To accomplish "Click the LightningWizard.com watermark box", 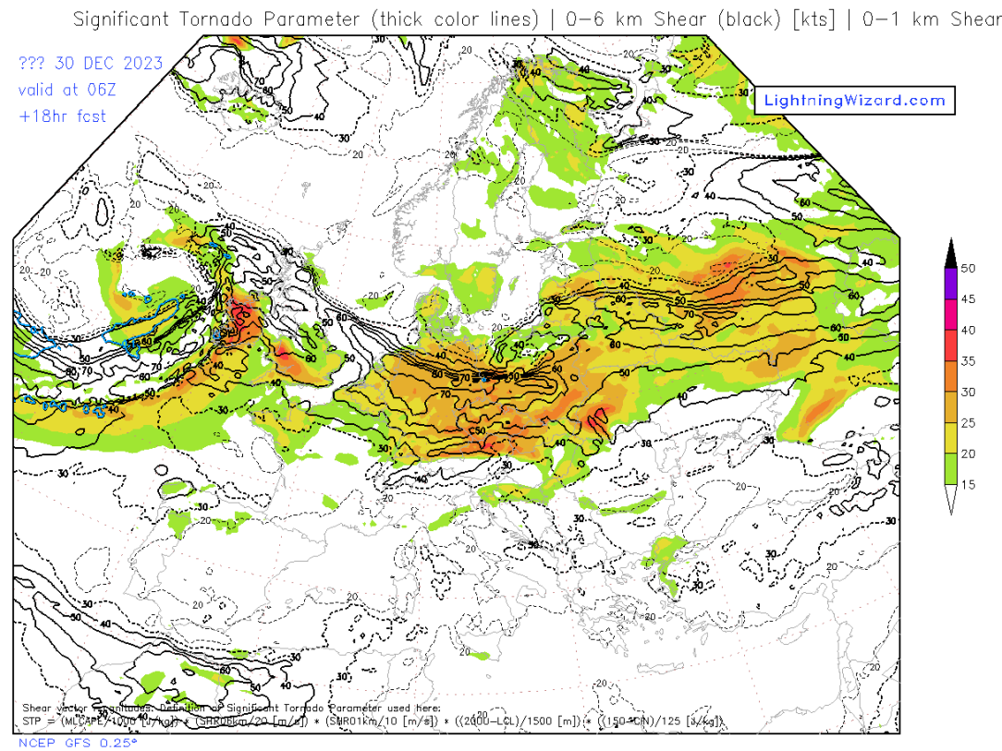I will point(854,101).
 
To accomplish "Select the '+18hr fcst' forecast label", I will point(62,115).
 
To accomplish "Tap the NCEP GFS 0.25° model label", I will point(78,742).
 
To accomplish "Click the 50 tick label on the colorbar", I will point(968,269).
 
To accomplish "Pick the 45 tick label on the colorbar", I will point(968,299).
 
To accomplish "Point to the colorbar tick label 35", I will point(968,361).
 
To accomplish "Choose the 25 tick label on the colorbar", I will point(968,423).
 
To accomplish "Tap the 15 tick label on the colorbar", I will point(968,485).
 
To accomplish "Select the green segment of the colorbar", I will point(950,469).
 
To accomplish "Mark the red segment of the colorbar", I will point(950,345).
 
